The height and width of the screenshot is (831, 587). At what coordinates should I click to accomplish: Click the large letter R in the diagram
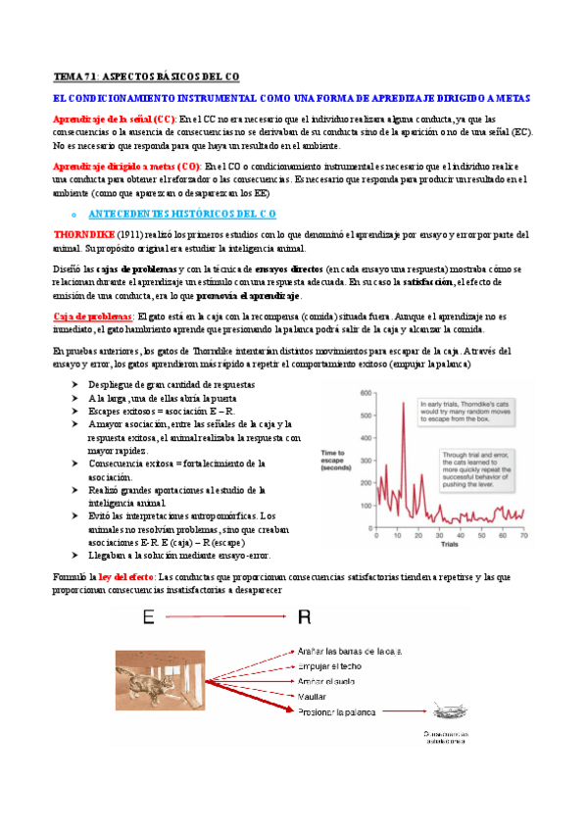tap(303, 616)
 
